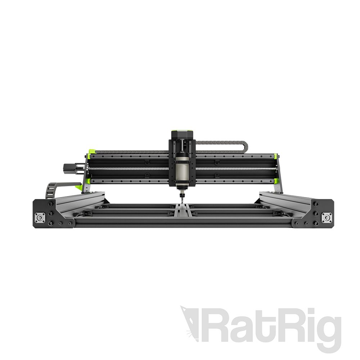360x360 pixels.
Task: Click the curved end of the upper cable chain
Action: tap(245, 145)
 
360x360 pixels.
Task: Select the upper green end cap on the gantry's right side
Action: tap(275, 156)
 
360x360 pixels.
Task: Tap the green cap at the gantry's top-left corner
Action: tap(88, 156)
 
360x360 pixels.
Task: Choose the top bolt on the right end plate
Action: tap(316, 204)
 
